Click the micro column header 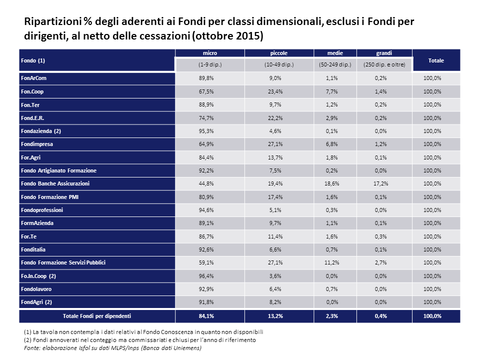coord(209,53)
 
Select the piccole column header coord(279,53)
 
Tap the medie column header coord(335,53)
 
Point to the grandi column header coord(384,53)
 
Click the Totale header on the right coord(436,60)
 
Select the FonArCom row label coord(33,78)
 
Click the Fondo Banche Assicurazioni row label coord(55,183)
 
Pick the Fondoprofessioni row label coord(42,210)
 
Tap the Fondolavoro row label coord(36,289)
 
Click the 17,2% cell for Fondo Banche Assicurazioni coord(381,183)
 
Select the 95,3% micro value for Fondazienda coord(206,131)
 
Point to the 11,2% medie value coord(332,262)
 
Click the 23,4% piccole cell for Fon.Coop coord(275,91)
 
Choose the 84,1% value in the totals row coord(206,316)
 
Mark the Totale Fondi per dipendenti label coord(97,316)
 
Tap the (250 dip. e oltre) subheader coord(384,64)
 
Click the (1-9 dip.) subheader coord(210,64)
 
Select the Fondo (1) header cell coord(33,60)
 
